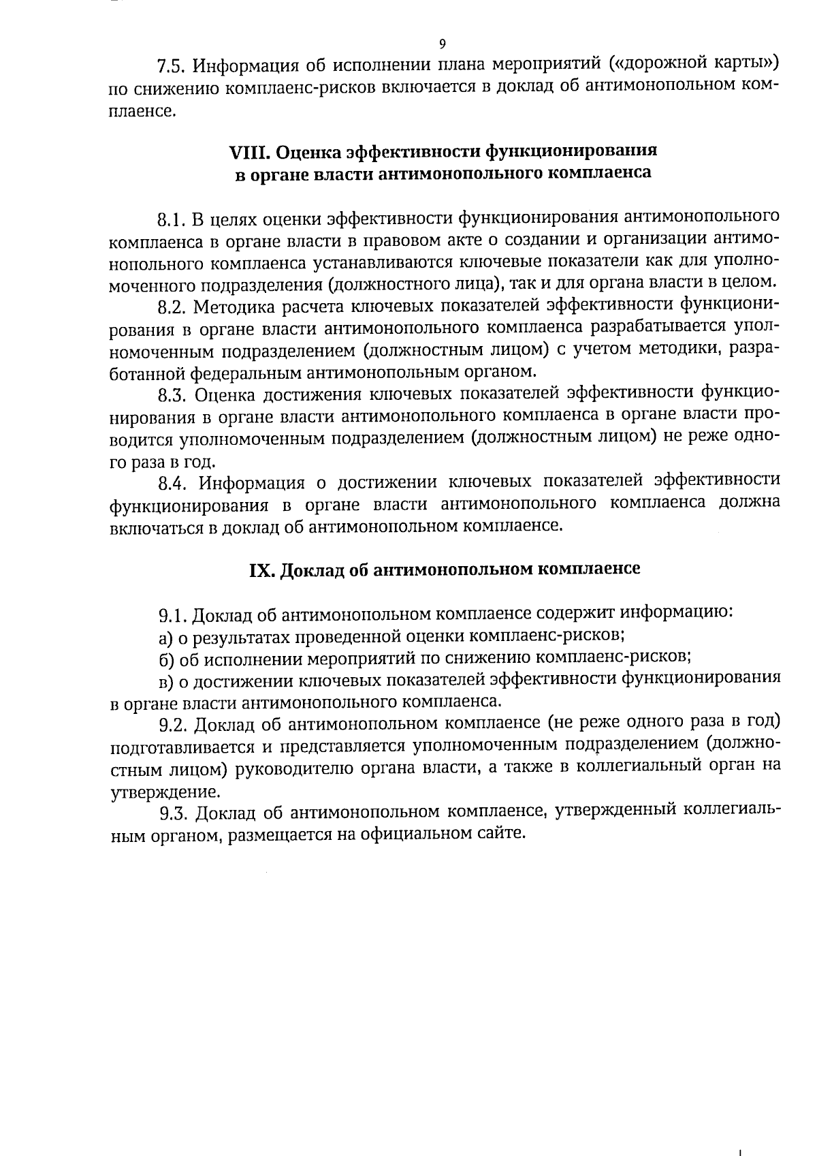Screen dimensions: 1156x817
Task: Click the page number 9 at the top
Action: [x=443, y=44]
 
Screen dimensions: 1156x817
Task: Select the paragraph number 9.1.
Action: [x=172, y=616]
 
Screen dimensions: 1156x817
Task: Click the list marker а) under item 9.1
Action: [x=165, y=638]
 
